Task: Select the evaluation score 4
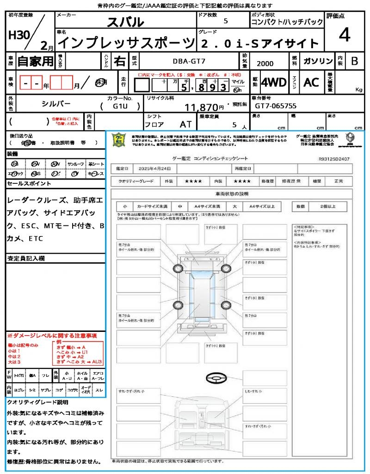click(344, 35)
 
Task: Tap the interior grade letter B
click(354, 61)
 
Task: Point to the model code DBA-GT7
click(187, 61)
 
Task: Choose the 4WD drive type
click(273, 82)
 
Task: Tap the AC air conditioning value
click(311, 82)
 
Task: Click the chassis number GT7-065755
click(276, 106)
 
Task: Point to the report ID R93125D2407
click(334, 159)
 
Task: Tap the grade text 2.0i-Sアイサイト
click(260, 44)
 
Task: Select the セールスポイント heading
click(29, 184)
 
